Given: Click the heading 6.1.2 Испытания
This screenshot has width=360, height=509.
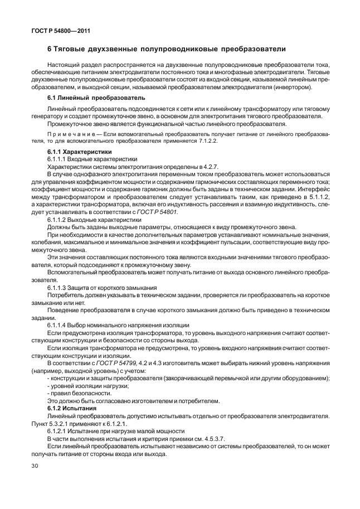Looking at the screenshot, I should point(73,409).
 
